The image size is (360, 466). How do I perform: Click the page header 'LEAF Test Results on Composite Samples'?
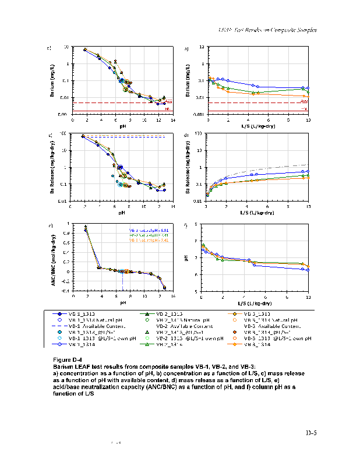point(267,30)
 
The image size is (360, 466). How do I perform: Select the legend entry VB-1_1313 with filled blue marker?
point(82,313)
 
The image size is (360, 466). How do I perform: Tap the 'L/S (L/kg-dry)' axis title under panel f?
point(255,303)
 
